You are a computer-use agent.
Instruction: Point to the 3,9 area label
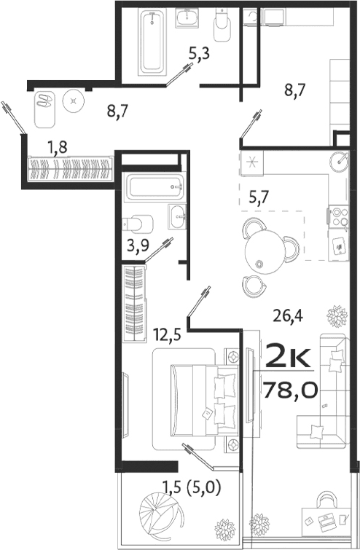138,245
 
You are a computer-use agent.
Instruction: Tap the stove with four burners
340,216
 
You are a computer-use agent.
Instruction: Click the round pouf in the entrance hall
74,100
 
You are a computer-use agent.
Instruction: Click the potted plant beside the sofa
337,316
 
